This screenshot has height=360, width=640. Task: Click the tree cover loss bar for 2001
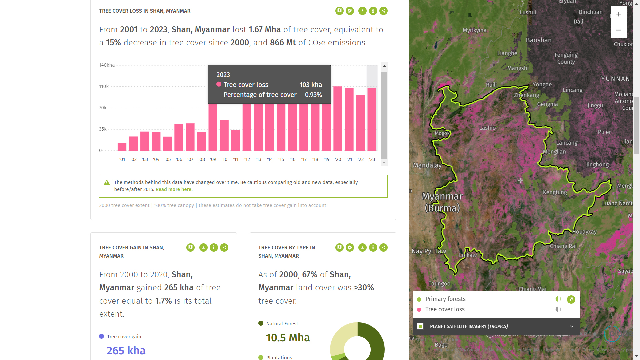tap(122, 147)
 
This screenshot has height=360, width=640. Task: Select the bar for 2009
tap(213, 127)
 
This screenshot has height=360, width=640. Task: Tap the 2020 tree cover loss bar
tap(338, 118)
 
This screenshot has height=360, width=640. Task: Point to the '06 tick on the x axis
tap(179, 159)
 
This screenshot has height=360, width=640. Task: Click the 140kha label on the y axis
tap(107, 65)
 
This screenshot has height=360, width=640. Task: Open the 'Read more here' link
tap(173, 189)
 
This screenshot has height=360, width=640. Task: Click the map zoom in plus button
tap(619, 14)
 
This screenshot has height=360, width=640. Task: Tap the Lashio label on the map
tap(487, 128)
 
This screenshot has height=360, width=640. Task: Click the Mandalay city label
tap(427, 165)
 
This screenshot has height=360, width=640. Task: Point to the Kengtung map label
tap(555, 192)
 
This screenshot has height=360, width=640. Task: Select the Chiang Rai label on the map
tap(563, 246)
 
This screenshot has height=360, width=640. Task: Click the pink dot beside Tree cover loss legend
tap(419, 310)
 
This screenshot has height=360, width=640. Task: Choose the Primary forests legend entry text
tap(445, 299)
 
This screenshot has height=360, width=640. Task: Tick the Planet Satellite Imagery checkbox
tap(420, 326)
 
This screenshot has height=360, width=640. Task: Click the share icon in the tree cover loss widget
tap(383, 11)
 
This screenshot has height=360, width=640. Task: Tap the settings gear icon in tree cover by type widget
tap(350, 248)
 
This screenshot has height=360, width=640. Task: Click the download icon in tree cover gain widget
tap(203, 248)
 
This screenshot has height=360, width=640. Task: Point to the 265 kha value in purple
tap(126, 351)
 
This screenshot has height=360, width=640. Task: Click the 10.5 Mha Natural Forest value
tap(288, 338)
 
